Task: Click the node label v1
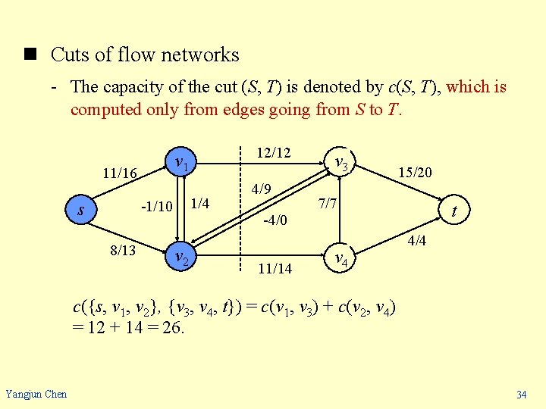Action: pyautogui.click(x=181, y=162)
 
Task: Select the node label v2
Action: pyautogui.click(x=181, y=258)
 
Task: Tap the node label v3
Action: pyautogui.click(x=342, y=161)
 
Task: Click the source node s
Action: pyautogui.click(x=81, y=210)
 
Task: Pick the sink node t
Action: pyautogui.click(x=453, y=211)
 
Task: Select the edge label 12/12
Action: pyautogui.click(x=273, y=153)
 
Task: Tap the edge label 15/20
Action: pyautogui.click(x=414, y=173)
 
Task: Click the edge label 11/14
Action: pyautogui.click(x=275, y=268)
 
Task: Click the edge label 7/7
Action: pyautogui.click(x=328, y=204)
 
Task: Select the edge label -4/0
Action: pyautogui.click(x=275, y=221)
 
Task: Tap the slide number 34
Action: pyautogui.click(x=521, y=395)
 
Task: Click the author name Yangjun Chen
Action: pyautogui.click(x=36, y=394)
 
